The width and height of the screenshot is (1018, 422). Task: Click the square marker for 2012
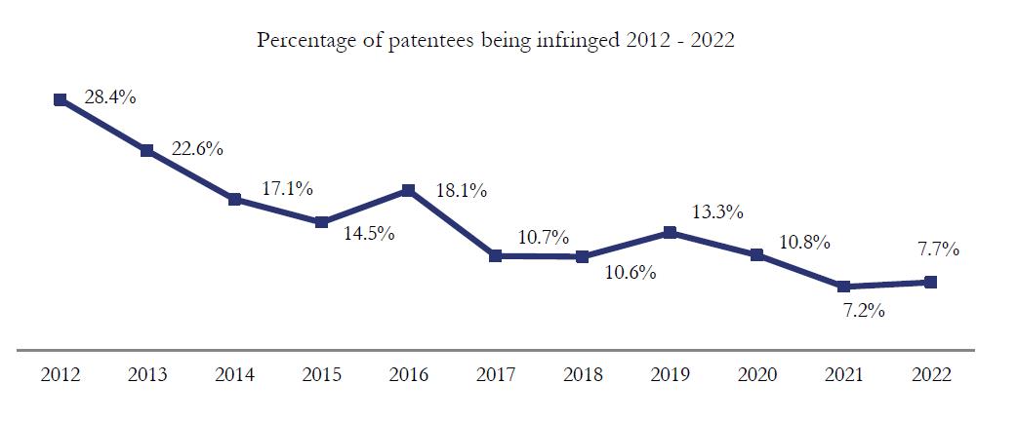(61, 99)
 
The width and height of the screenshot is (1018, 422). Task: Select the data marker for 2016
(408, 190)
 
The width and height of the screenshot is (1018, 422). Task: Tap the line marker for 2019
(670, 233)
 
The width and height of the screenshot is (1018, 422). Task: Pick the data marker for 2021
(843, 287)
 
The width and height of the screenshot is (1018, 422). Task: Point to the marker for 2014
(234, 199)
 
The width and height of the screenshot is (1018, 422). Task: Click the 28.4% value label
(110, 97)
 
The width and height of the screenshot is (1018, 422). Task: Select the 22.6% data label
(197, 148)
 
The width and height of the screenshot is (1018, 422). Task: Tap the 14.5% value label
(369, 233)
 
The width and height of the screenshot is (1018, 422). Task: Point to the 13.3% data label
(717, 211)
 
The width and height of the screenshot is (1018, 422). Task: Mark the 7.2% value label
(864, 311)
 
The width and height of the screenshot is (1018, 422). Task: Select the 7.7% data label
(938, 249)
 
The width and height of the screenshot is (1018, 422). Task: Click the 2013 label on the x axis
(147, 374)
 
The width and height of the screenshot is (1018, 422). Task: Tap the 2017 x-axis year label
(496, 374)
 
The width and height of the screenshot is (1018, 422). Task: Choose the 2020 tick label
(756, 374)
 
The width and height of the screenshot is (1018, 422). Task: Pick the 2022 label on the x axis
(930, 374)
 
